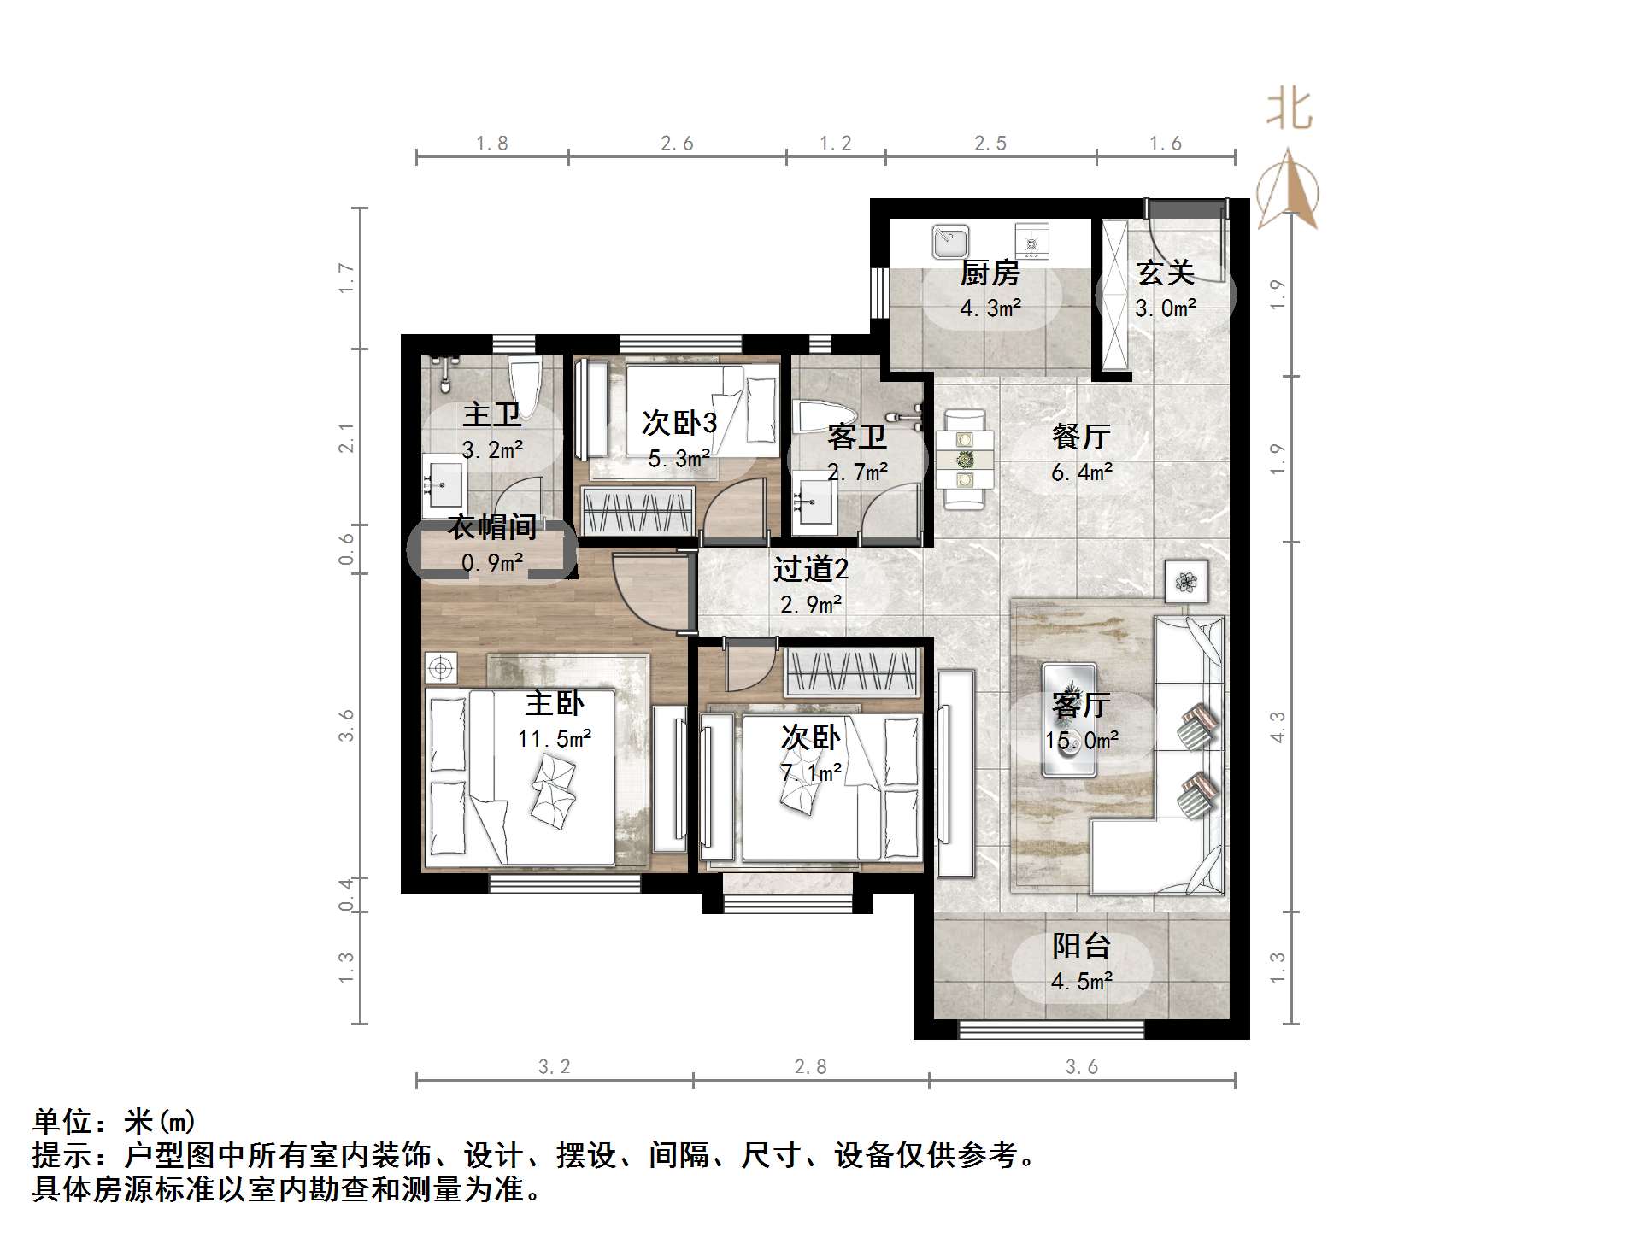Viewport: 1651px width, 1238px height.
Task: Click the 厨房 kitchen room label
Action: click(990, 273)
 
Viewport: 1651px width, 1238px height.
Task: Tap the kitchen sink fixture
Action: click(950, 241)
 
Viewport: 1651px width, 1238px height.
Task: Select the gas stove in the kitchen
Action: click(1031, 240)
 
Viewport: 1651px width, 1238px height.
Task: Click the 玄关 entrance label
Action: click(1166, 273)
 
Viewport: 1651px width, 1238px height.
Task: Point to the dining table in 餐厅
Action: click(965, 460)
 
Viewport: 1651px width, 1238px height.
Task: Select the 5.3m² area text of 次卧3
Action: click(679, 459)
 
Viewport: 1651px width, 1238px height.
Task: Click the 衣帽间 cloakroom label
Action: click(492, 527)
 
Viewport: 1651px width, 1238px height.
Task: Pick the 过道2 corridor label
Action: click(811, 569)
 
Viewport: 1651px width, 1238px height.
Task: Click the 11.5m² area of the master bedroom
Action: click(555, 738)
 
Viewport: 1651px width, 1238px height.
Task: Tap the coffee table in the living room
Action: click(1069, 719)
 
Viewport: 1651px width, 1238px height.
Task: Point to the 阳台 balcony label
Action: click(1081, 946)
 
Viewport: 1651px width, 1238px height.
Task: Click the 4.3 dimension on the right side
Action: click(1278, 727)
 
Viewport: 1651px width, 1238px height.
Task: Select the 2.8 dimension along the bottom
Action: click(810, 1066)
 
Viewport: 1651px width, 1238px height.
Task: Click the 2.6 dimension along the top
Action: click(677, 144)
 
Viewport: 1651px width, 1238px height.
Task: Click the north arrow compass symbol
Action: click(1288, 190)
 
